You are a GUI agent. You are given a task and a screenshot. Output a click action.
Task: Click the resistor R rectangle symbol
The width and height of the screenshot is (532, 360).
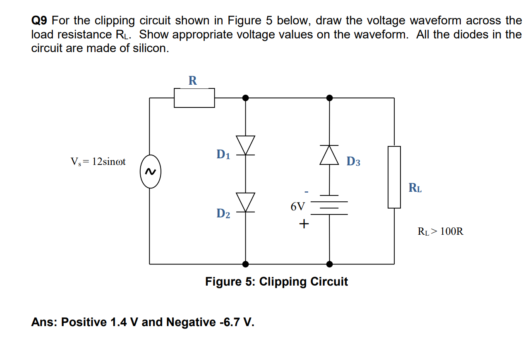tap(194, 98)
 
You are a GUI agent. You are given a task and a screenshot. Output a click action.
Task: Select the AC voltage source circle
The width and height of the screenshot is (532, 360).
tap(150, 171)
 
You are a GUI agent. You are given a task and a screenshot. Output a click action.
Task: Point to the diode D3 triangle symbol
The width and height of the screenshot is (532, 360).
tap(329, 155)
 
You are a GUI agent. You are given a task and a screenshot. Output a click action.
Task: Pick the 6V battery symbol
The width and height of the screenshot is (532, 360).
tap(329, 205)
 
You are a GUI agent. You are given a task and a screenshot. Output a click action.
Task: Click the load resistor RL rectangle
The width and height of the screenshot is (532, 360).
tap(394, 177)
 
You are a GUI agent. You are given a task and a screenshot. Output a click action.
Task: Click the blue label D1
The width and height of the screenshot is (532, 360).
tap(223, 155)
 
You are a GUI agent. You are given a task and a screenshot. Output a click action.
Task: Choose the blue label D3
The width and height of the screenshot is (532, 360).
tap(353, 161)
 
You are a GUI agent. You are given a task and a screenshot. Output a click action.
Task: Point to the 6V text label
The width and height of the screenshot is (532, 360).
tap(297, 206)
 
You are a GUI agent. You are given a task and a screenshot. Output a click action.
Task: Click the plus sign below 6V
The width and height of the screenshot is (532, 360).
tap(304, 224)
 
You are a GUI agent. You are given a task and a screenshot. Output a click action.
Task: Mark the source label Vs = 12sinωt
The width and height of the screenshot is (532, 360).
tap(98, 162)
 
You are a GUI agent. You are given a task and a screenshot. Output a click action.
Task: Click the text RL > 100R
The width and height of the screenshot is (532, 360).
tap(441, 231)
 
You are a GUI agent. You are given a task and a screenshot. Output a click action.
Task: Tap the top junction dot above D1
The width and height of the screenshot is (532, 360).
tap(246, 98)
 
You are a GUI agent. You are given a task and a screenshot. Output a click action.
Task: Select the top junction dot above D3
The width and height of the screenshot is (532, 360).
tap(329, 98)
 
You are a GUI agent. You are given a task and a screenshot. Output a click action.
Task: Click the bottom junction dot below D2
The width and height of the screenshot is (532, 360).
tap(246, 264)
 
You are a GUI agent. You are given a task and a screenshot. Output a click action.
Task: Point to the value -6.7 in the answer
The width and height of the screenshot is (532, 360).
tap(228, 322)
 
